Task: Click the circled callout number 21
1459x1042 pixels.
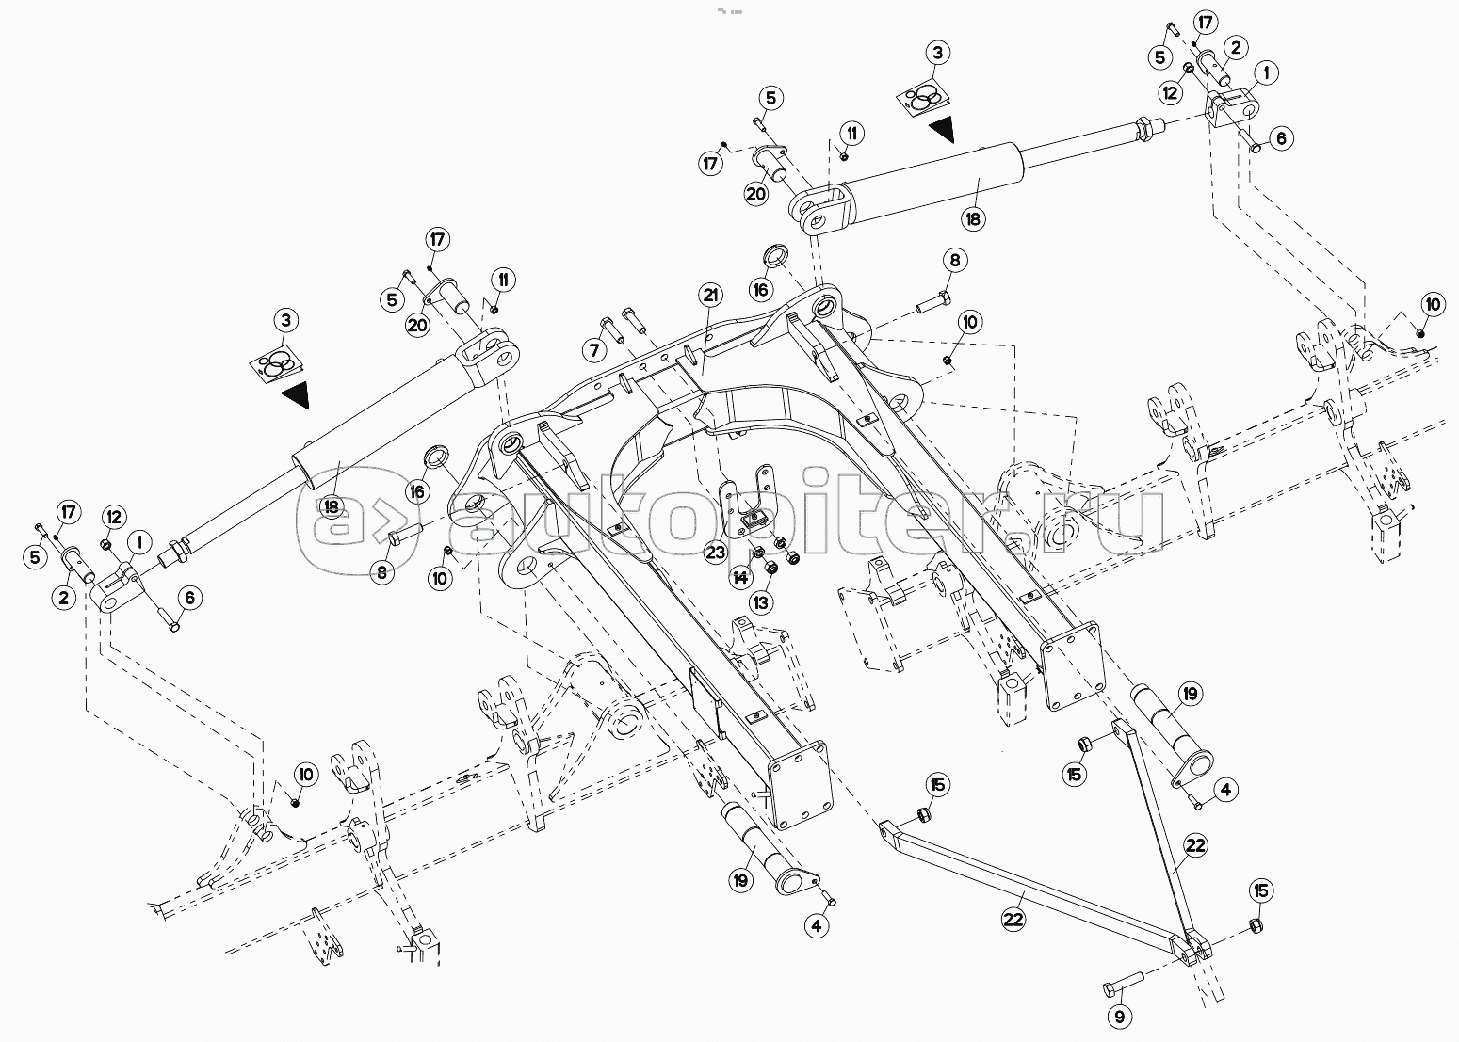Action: pyautogui.click(x=710, y=296)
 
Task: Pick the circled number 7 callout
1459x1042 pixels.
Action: pyautogui.click(x=593, y=351)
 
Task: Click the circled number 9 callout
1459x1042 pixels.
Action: pyautogui.click(x=1120, y=1017)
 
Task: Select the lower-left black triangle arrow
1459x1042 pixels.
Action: pyautogui.click(x=295, y=395)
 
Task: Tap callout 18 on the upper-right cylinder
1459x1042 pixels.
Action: pyautogui.click(x=972, y=218)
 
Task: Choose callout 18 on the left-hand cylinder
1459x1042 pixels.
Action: pyautogui.click(x=330, y=505)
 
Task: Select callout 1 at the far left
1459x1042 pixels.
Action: pyautogui.click(x=139, y=541)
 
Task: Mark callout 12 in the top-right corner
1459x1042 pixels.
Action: pyautogui.click(x=1170, y=92)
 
